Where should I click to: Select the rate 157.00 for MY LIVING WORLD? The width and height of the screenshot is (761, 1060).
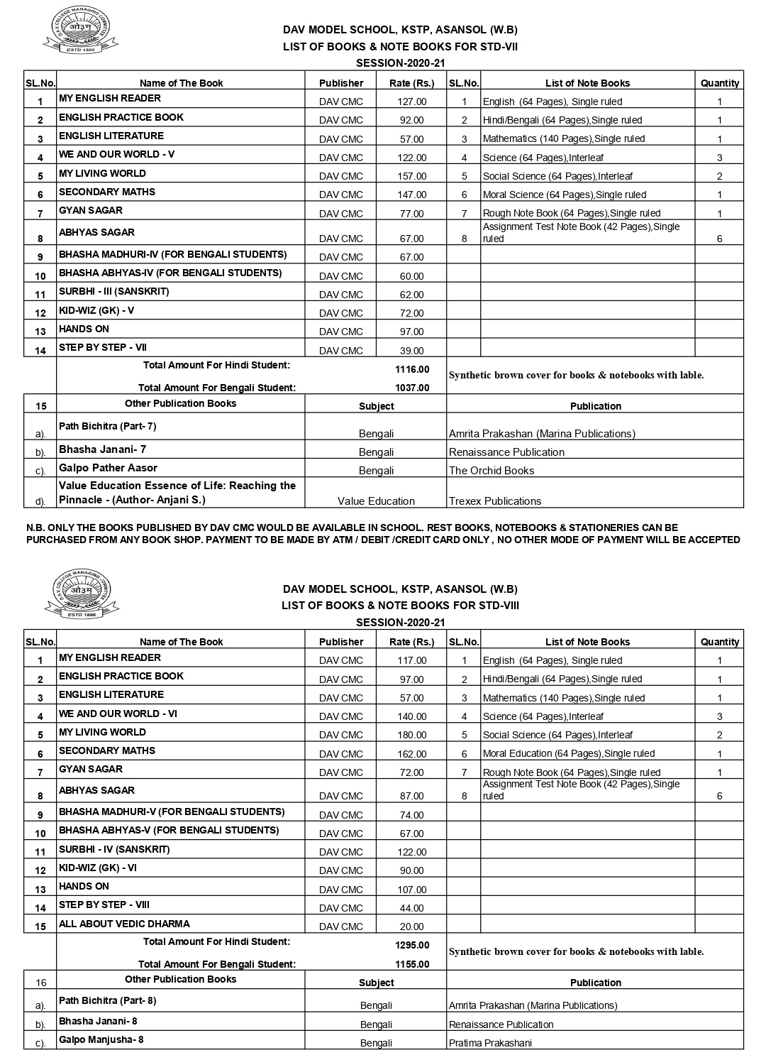click(411, 176)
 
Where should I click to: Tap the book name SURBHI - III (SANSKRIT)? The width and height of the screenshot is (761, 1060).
click(113, 292)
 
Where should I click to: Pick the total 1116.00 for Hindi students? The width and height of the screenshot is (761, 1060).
click(412, 369)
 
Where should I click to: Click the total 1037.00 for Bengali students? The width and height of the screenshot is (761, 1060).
click(412, 388)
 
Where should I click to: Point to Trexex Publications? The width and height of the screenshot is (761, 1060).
click(494, 501)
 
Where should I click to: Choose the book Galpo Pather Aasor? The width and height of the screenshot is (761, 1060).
click(108, 468)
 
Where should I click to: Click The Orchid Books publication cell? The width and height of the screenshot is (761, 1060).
click(491, 471)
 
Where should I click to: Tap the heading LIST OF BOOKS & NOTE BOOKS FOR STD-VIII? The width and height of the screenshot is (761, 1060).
click(400, 606)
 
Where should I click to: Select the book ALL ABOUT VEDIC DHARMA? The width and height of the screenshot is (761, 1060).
click(124, 924)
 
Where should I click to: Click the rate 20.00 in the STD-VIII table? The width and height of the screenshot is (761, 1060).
click(411, 927)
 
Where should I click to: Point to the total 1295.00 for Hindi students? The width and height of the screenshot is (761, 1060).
click(412, 945)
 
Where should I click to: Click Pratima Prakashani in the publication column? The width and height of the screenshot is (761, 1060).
click(490, 1043)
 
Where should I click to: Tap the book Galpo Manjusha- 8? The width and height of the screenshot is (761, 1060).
click(101, 1040)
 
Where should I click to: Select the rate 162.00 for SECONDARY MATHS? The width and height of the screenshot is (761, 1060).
click(411, 754)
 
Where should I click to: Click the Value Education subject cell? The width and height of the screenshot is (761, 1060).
click(376, 501)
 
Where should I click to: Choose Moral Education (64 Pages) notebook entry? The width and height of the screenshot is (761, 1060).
click(568, 753)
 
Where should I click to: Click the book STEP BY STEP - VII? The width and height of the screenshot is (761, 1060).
click(102, 348)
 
